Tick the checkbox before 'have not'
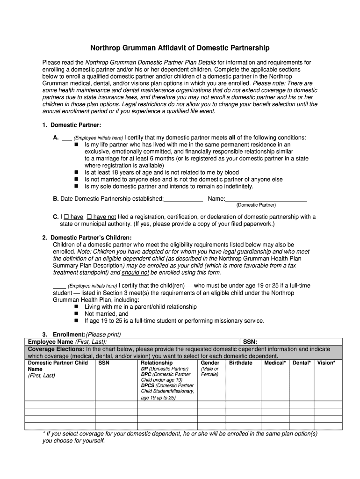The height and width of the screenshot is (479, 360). (90, 217)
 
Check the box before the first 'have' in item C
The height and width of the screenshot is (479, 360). (66, 217)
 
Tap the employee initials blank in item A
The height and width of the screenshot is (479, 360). (66, 138)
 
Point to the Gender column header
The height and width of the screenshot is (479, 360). (210, 363)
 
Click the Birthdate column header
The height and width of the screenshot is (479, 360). (241, 363)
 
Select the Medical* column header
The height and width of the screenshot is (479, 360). (274, 363)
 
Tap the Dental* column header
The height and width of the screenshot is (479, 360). (302, 363)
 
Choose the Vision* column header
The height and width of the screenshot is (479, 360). (326, 363)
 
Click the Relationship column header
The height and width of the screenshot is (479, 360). (157, 363)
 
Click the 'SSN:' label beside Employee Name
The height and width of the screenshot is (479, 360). (250, 342)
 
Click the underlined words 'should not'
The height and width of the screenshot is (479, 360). (136, 273)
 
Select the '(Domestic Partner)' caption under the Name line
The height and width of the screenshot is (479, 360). (256, 205)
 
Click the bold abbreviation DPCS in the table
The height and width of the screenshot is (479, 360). (148, 385)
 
